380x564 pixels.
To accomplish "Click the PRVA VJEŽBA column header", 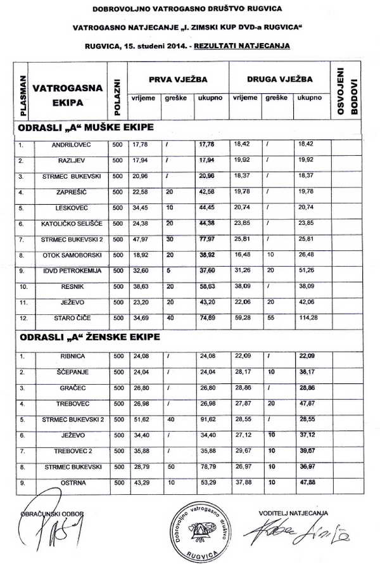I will [178, 80].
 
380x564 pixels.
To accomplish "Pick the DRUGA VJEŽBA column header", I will [279, 80].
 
